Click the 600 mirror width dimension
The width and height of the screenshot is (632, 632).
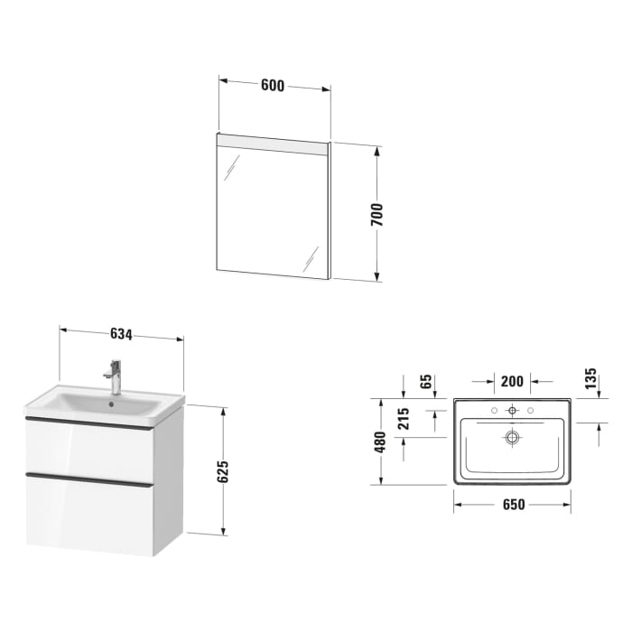pyautogui.click(x=273, y=86)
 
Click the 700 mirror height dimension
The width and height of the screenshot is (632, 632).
pyautogui.click(x=377, y=214)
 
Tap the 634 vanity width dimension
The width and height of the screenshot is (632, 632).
pyautogui.click(x=122, y=334)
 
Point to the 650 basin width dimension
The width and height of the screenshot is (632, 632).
pyautogui.click(x=512, y=507)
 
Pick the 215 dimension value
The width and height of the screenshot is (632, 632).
pyautogui.click(x=404, y=418)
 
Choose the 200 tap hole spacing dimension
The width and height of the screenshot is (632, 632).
pyautogui.click(x=512, y=381)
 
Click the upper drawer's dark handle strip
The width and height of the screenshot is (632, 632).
pyautogui.click(x=88, y=423)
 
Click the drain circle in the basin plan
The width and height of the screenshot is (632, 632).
pyautogui.click(x=512, y=439)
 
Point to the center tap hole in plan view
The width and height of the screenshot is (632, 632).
pyautogui.click(x=512, y=411)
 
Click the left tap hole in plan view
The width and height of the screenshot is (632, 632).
pyautogui.click(x=494, y=411)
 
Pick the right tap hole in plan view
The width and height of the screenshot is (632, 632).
pyautogui.click(x=530, y=411)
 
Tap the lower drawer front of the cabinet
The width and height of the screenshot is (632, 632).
pyautogui.click(x=88, y=512)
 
